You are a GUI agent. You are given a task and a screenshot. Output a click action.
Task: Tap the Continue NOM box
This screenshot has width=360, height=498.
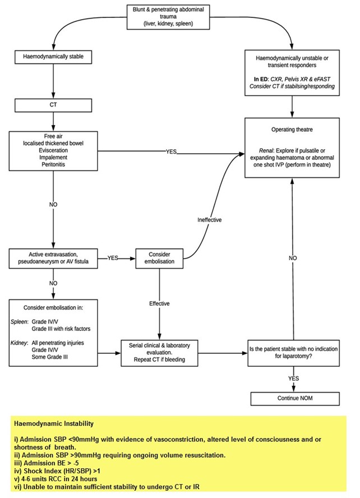pos(294,398)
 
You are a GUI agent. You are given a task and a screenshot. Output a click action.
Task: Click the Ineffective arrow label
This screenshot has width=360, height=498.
pos(210,220)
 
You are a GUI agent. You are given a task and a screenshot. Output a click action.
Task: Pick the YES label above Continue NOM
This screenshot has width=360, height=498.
pos(294,379)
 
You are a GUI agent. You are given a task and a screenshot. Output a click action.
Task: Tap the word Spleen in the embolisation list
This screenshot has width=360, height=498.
pos(21,322)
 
